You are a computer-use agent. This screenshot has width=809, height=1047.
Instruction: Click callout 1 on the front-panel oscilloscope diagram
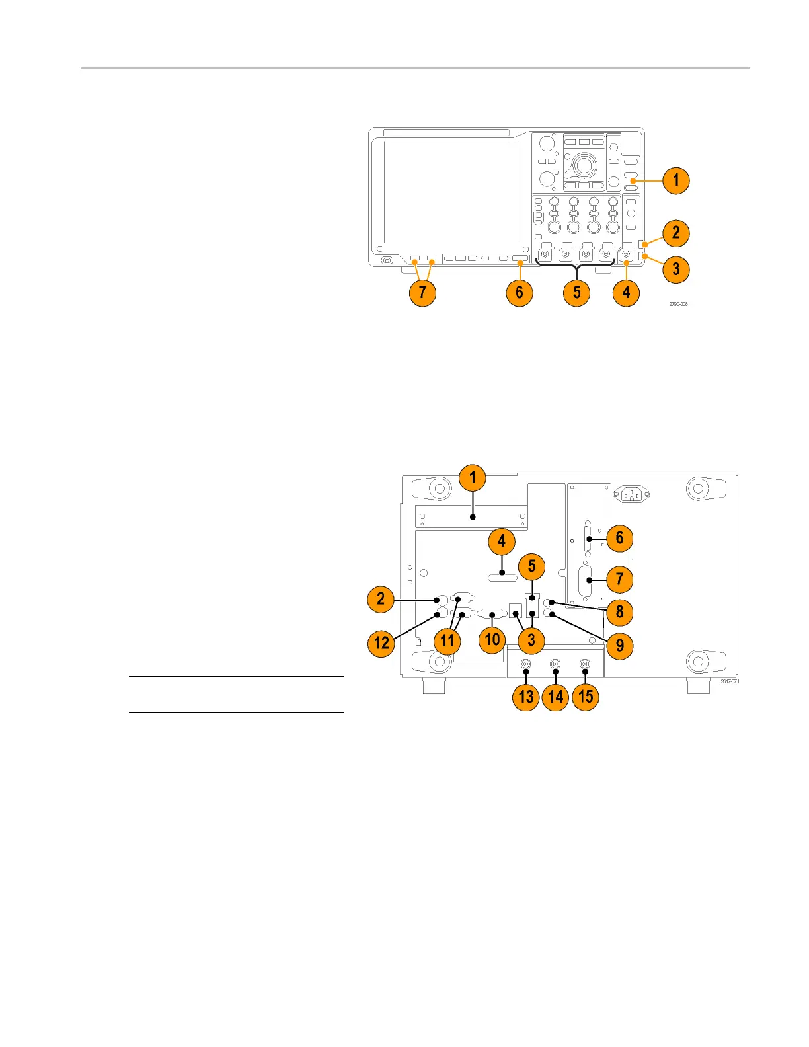pyautogui.click(x=675, y=180)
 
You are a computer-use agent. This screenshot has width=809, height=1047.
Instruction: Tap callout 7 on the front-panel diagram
pyautogui.click(x=422, y=292)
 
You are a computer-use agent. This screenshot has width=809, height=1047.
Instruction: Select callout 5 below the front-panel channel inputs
pyautogui.click(x=576, y=292)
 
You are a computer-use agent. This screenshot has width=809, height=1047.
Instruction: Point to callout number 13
pyautogui.click(x=526, y=697)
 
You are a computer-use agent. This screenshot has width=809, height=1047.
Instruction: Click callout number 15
pyautogui.click(x=586, y=697)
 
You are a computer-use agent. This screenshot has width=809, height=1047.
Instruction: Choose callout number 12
pyautogui.click(x=381, y=642)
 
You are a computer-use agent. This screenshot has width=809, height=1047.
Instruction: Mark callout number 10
pyautogui.click(x=492, y=639)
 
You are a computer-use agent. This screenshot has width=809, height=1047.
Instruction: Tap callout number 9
pyautogui.click(x=619, y=645)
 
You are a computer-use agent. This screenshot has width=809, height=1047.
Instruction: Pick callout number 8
pyautogui.click(x=619, y=611)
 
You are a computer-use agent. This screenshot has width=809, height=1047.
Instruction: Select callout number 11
pyautogui.click(x=447, y=640)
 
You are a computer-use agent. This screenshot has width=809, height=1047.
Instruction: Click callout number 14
pyautogui.click(x=556, y=697)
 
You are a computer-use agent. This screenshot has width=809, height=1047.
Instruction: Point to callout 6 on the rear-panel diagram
pyautogui.click(x=619, y=538)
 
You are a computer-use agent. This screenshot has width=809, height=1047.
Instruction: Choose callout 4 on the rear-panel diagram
pyautogui.click(x=502, y=542)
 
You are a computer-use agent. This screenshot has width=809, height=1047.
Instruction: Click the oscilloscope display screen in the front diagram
pyautogui.click(x=452, y=192)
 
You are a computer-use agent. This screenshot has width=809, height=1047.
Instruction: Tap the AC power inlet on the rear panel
pyautogui.click(x=631, y=494)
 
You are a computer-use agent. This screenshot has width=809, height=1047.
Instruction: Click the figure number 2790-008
pyautogui.click(x=678, y=304)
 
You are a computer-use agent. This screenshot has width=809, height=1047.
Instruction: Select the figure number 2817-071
pyautogui.click(x=730, y=681)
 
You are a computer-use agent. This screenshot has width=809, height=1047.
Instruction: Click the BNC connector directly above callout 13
pyautogui.click(x=525, y=664)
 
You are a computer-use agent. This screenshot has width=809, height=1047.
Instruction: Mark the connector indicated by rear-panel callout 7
pyautogui.click(x=586, y=581)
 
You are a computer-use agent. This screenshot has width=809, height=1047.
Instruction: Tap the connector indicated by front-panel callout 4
pyautogui.click(x=626, y=253)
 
